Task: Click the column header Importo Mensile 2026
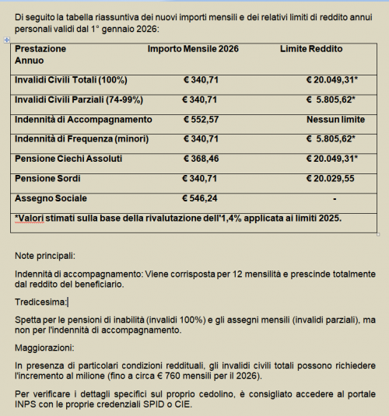click(x=193, y=49)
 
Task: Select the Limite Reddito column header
click(x=311, y=49)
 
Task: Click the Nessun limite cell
click(x=331, y=119)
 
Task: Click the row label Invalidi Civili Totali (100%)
click(x=71, y=80)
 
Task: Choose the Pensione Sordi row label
click(x=47, y=178)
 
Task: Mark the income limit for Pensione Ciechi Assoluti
click(x=331, y=159)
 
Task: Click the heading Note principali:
click(x=46, y=256)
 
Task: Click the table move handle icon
click(x=7, y=40)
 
